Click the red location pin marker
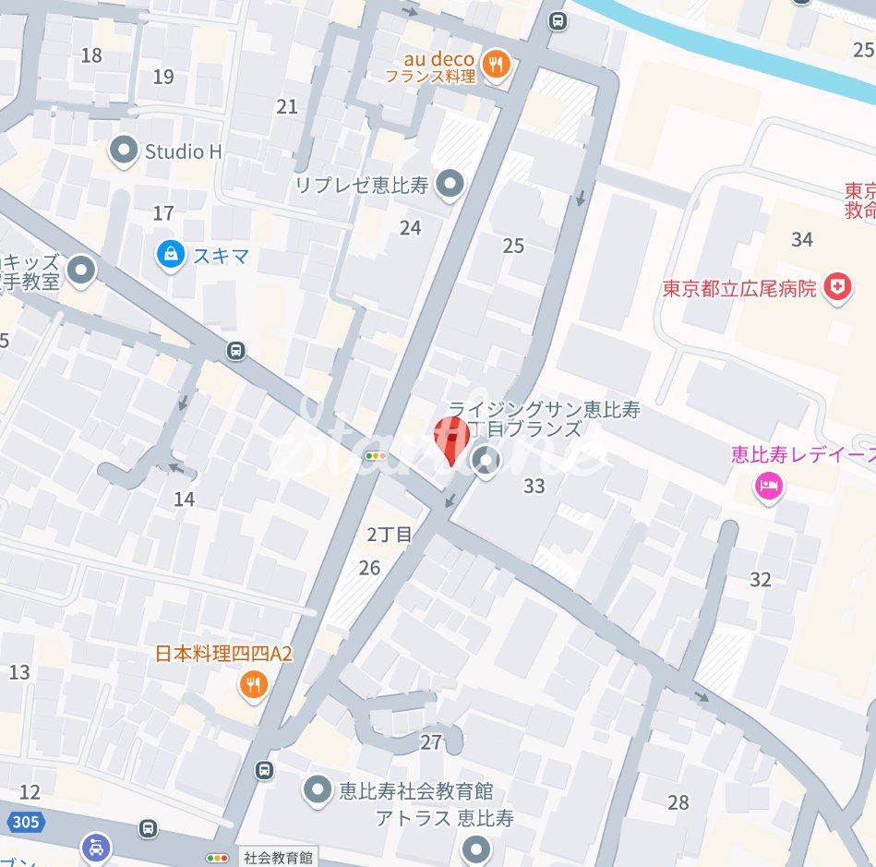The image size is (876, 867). pos(451,438)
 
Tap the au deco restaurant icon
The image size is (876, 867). pos(497,63)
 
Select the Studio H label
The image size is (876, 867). pos(183,151)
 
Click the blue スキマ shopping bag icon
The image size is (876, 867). pos(170,255)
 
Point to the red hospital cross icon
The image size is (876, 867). pos(837,288)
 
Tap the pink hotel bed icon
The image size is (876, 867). pos(767,486)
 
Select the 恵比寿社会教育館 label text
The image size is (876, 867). pos(415,791)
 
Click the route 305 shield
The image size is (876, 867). pos(20,820)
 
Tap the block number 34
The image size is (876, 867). pos(802,240)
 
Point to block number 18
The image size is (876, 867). pos(90,55)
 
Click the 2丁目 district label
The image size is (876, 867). pos(390,535)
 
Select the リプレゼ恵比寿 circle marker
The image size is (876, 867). pos(450,185)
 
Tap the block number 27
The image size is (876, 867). pos(431,741)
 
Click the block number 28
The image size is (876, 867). pos(678,802)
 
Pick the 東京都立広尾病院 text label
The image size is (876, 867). pos(739,289)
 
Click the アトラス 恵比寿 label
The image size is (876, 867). pos(444,819)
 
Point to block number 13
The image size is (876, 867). pos(19,672)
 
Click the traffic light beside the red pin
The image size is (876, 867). pos(376,456)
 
